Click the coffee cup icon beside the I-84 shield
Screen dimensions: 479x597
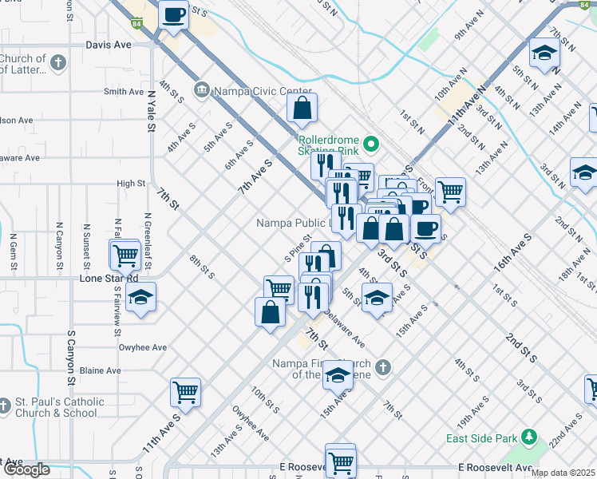173,14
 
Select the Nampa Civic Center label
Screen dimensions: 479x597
251,89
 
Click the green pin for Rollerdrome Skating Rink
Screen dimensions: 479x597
370,144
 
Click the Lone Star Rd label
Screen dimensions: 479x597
109,279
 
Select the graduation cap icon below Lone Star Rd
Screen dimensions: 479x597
141,298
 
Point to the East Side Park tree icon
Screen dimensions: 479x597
527,437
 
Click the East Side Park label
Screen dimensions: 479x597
479,438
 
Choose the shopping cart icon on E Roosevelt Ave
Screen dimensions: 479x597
341,461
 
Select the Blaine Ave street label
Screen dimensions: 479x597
100,370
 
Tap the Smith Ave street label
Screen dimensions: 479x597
124,92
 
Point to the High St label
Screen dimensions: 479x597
130,184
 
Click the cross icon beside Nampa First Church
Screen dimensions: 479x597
383,367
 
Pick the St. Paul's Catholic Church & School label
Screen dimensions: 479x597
60,407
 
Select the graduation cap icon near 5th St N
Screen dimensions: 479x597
544,54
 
